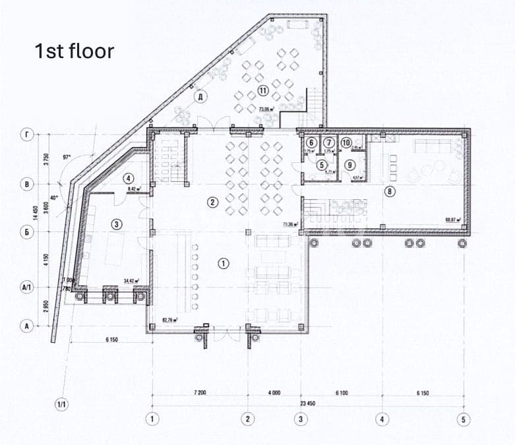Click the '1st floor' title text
click(75, 51)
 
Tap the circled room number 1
click(224, 264)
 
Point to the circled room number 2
click(212, 202)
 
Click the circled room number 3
click(117, 225)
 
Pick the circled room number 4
click(129, 178)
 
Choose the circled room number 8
click(390, 192)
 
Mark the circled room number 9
click(350, 165)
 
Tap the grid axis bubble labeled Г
click(27, 136)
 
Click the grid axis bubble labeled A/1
click(27, 288)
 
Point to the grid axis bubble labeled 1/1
click(63, 402)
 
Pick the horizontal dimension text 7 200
click(200, 393)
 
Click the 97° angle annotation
click(67, 158)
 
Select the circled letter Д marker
click(202, 97)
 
